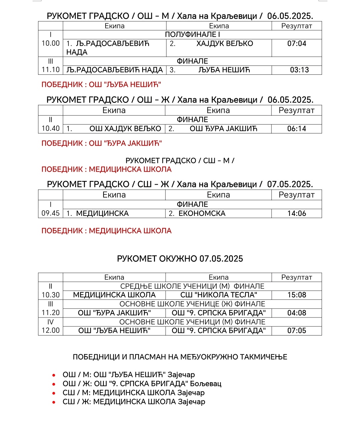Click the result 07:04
click(297, 43)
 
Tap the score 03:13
click(299, 70)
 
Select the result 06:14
click(297, 129)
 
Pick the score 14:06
click(297, 213)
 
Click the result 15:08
click(297, 295)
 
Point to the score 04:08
click(297, 313)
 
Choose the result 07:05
click(297, 331)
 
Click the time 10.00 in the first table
click(50, 43)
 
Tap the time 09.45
click(50, 213)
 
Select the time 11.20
click(50, 313)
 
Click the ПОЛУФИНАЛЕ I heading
click(192, 35)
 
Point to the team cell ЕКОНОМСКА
click(202, 213)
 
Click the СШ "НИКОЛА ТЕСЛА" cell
click(219, 295)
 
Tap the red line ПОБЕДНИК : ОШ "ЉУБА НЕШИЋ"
click(101, 85)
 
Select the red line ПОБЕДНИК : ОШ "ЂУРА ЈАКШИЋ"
click(102, 144)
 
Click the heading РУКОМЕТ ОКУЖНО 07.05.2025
click(180, 259)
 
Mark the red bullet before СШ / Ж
click(53, 402)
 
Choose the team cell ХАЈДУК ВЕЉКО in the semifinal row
click(224, 43)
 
